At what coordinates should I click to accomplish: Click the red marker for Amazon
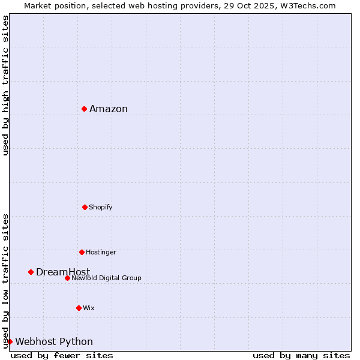tap(85, 109)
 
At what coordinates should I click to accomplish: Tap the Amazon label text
tap(109, 109)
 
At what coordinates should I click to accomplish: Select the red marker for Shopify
tap(85, 207)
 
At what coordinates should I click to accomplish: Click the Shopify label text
tap(100, 207)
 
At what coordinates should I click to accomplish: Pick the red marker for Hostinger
tap(82, 252)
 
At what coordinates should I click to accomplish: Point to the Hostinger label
tap(101, 252)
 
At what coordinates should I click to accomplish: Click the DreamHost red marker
tap(31, 272)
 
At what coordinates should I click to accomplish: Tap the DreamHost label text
tap(63, 272)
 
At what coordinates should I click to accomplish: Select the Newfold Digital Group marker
tap(67, 278)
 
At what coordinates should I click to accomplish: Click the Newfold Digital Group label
tap(106, 278)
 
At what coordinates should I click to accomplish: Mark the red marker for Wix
tap(79, 308)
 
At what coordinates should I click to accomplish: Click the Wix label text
tap(89, 308)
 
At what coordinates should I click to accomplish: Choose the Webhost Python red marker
tap(10, 341)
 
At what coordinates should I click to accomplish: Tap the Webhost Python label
tap(54, 341)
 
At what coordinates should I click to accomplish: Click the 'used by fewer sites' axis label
tap(62, 355)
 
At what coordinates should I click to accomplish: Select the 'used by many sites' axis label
tap(301, 355)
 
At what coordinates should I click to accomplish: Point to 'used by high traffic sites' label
tap(5, 85)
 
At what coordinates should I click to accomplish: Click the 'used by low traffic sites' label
tap(5, 280)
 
